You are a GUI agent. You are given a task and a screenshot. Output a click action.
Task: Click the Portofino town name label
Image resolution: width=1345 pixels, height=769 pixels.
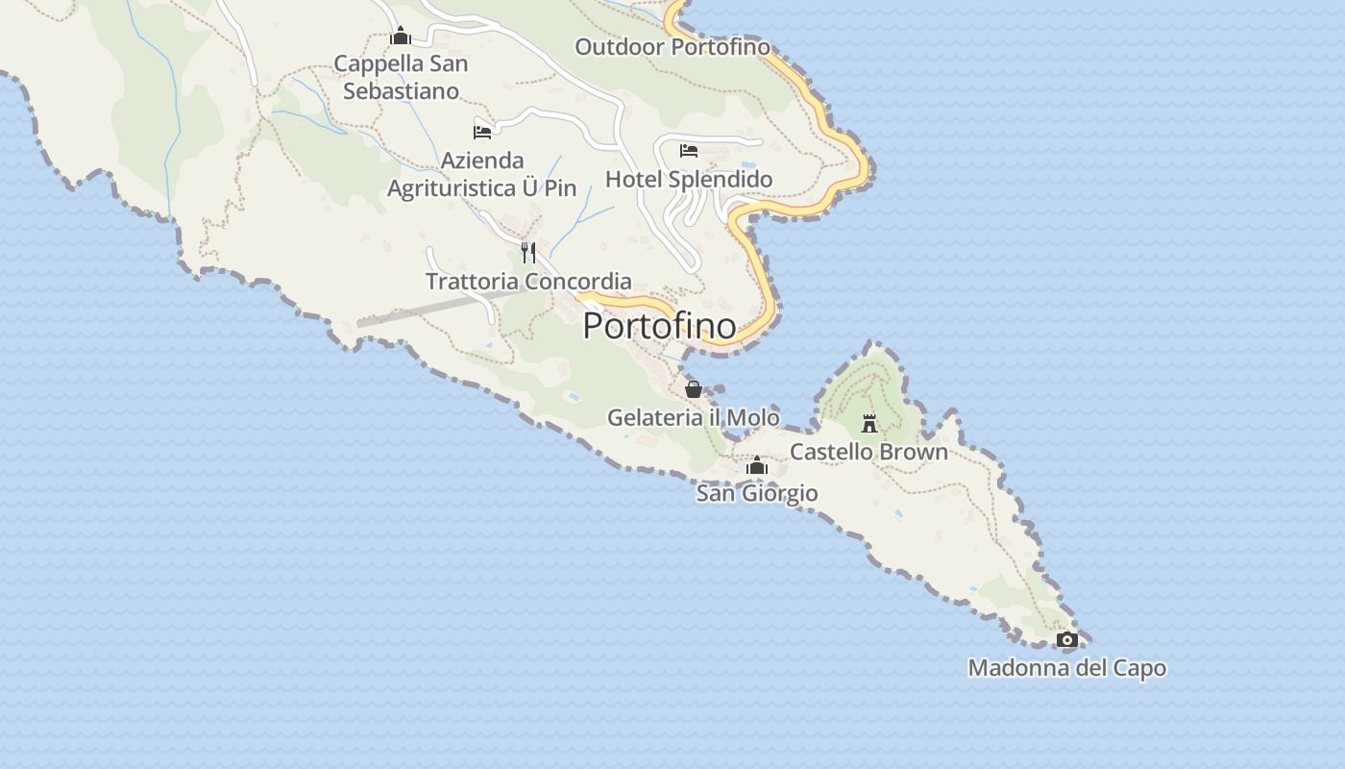tap(659, 325)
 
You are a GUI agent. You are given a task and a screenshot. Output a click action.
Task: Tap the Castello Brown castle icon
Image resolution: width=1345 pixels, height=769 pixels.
tap(869, 423)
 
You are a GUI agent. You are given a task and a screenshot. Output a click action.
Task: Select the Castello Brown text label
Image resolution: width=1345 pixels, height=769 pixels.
tap(868, 452)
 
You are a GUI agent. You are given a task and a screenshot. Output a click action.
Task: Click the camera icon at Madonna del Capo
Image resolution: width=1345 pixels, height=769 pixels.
tap(1066, 639)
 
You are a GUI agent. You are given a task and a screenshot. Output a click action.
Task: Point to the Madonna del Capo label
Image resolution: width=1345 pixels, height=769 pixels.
tap(1066, 668)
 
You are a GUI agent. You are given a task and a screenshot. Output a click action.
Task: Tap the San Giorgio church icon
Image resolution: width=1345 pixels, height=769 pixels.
tap(757, 466)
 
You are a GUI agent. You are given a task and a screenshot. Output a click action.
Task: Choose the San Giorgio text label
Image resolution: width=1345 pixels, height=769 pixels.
tap(757, 493)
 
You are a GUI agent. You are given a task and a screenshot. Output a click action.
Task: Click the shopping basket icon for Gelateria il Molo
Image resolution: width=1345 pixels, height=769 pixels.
tap(693, 389)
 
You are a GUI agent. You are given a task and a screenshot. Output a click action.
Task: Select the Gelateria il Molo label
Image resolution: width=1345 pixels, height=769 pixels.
tap(693, 417)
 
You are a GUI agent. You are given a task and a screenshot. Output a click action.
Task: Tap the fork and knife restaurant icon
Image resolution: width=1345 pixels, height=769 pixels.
tap(527, 253)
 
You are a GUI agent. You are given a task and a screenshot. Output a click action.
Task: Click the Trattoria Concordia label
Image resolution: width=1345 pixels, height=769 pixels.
tap(528, 282)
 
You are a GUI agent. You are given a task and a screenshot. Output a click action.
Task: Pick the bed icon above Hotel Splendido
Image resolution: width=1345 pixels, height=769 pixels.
tap(688, 151)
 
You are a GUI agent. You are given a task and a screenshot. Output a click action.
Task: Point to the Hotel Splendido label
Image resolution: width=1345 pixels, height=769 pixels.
tap(688, 180)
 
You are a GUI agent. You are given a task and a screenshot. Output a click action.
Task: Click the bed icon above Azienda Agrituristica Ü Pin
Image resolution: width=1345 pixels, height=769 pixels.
tap(482, 132)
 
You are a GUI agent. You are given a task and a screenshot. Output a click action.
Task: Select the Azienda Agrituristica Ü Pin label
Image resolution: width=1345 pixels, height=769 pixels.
tap(482, 174)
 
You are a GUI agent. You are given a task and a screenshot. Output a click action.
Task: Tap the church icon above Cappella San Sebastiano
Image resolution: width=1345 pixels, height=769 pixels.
tap(401, 37)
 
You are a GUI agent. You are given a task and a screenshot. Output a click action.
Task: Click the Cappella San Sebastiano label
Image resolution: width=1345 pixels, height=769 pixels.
tap(401, 78)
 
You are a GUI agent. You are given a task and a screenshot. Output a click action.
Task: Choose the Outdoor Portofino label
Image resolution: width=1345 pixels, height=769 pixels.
tap(672, 46)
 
